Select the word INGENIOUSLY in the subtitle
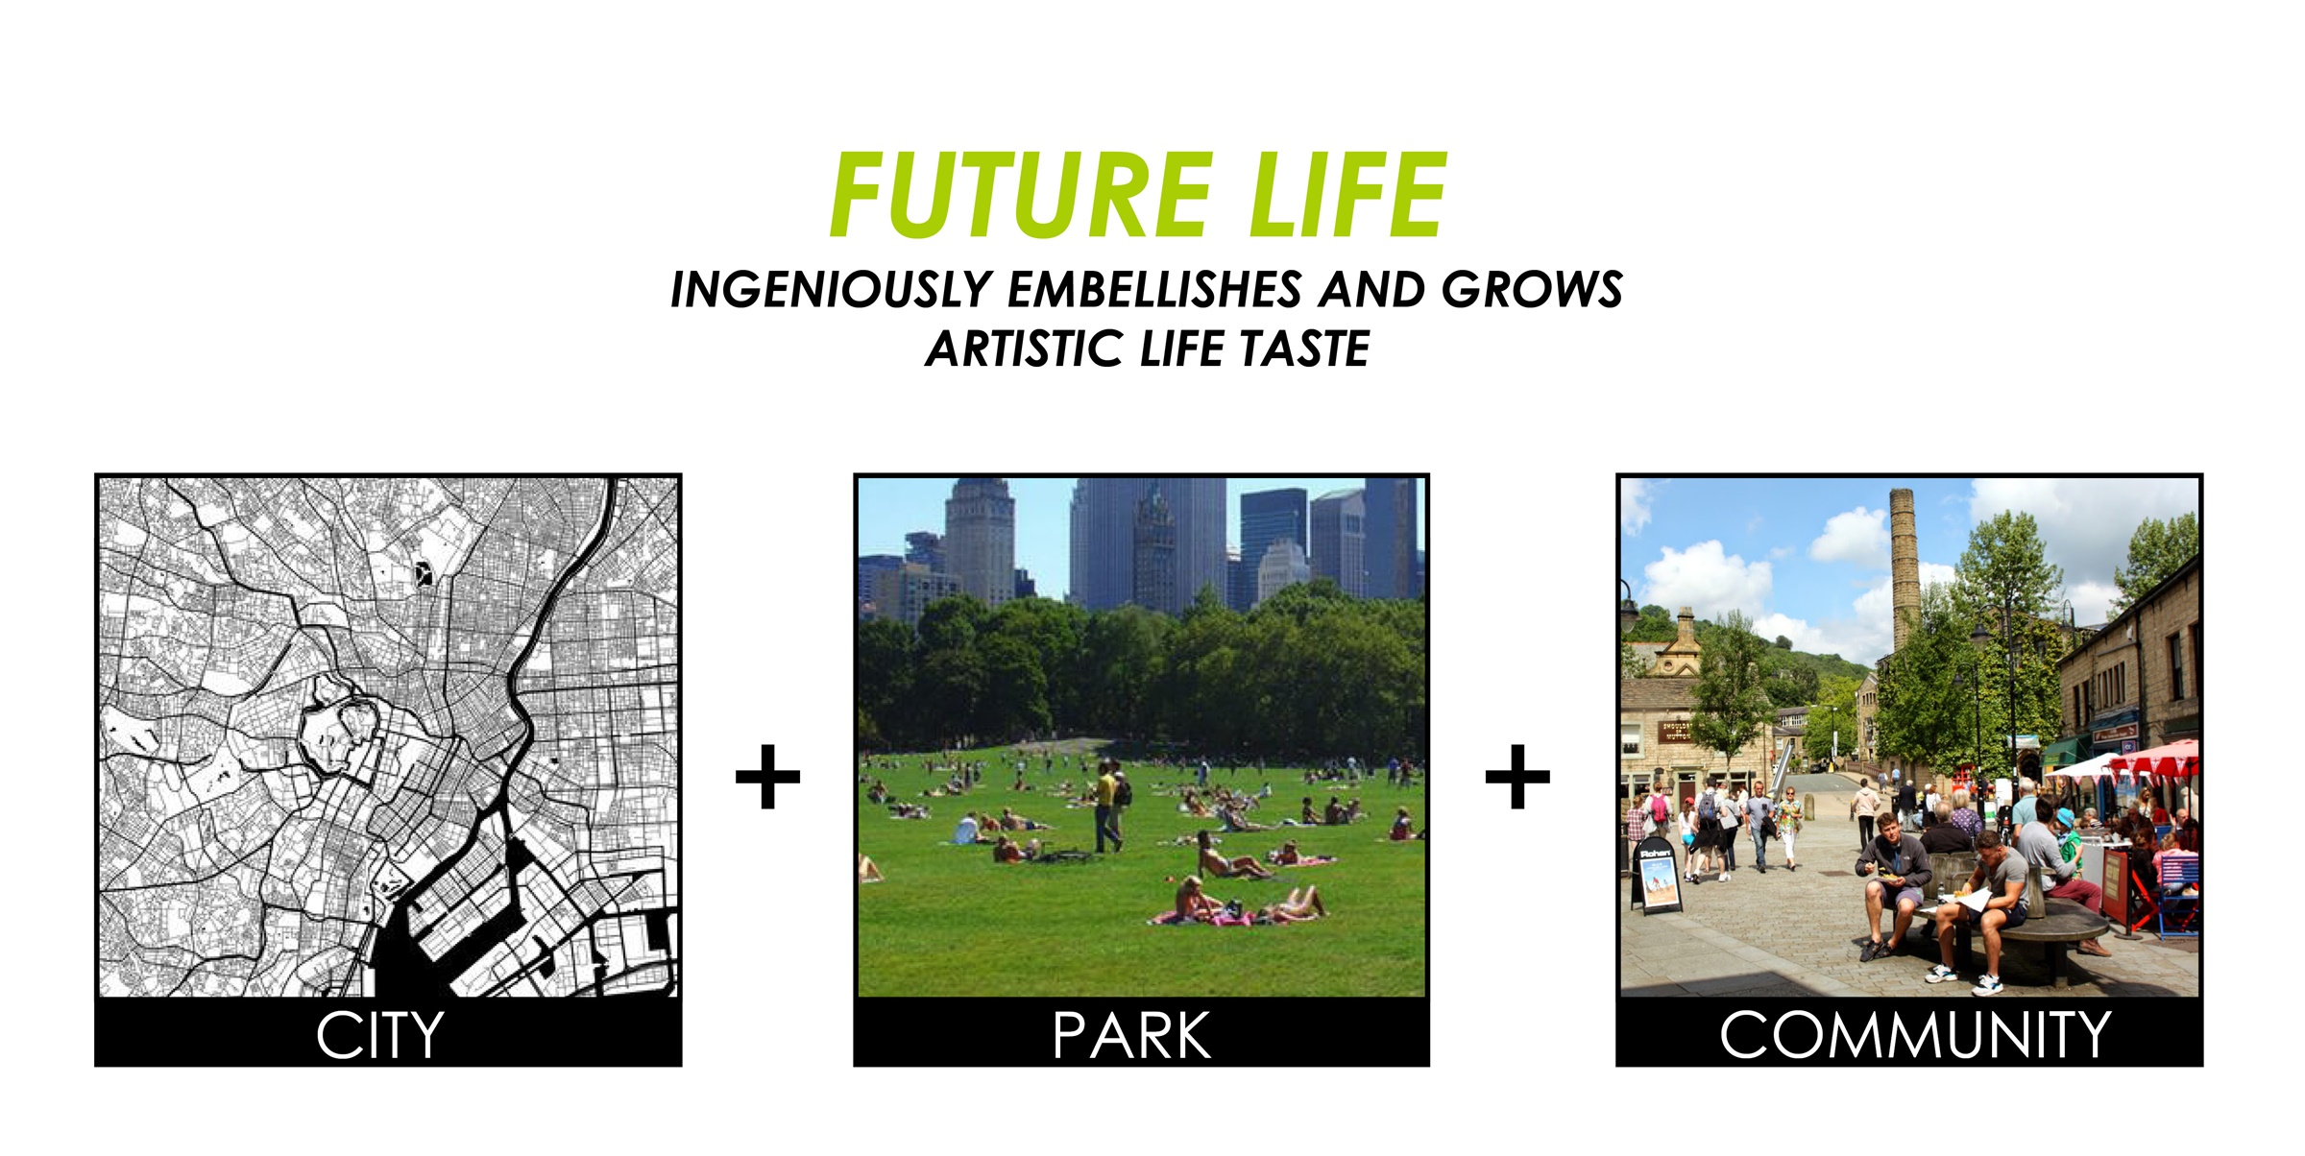point(830,290)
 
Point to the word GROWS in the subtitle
point(1533,290)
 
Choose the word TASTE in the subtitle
point(1303,349)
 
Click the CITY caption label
point(379,1036)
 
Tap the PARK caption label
point(1131,1036)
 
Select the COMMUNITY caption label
point(1915,1036)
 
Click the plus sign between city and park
point(767,777)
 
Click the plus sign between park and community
point(1517,777)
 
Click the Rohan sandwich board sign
point(1656,876)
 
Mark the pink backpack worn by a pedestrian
point(1660,808)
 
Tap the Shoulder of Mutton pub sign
point(1676,732)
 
